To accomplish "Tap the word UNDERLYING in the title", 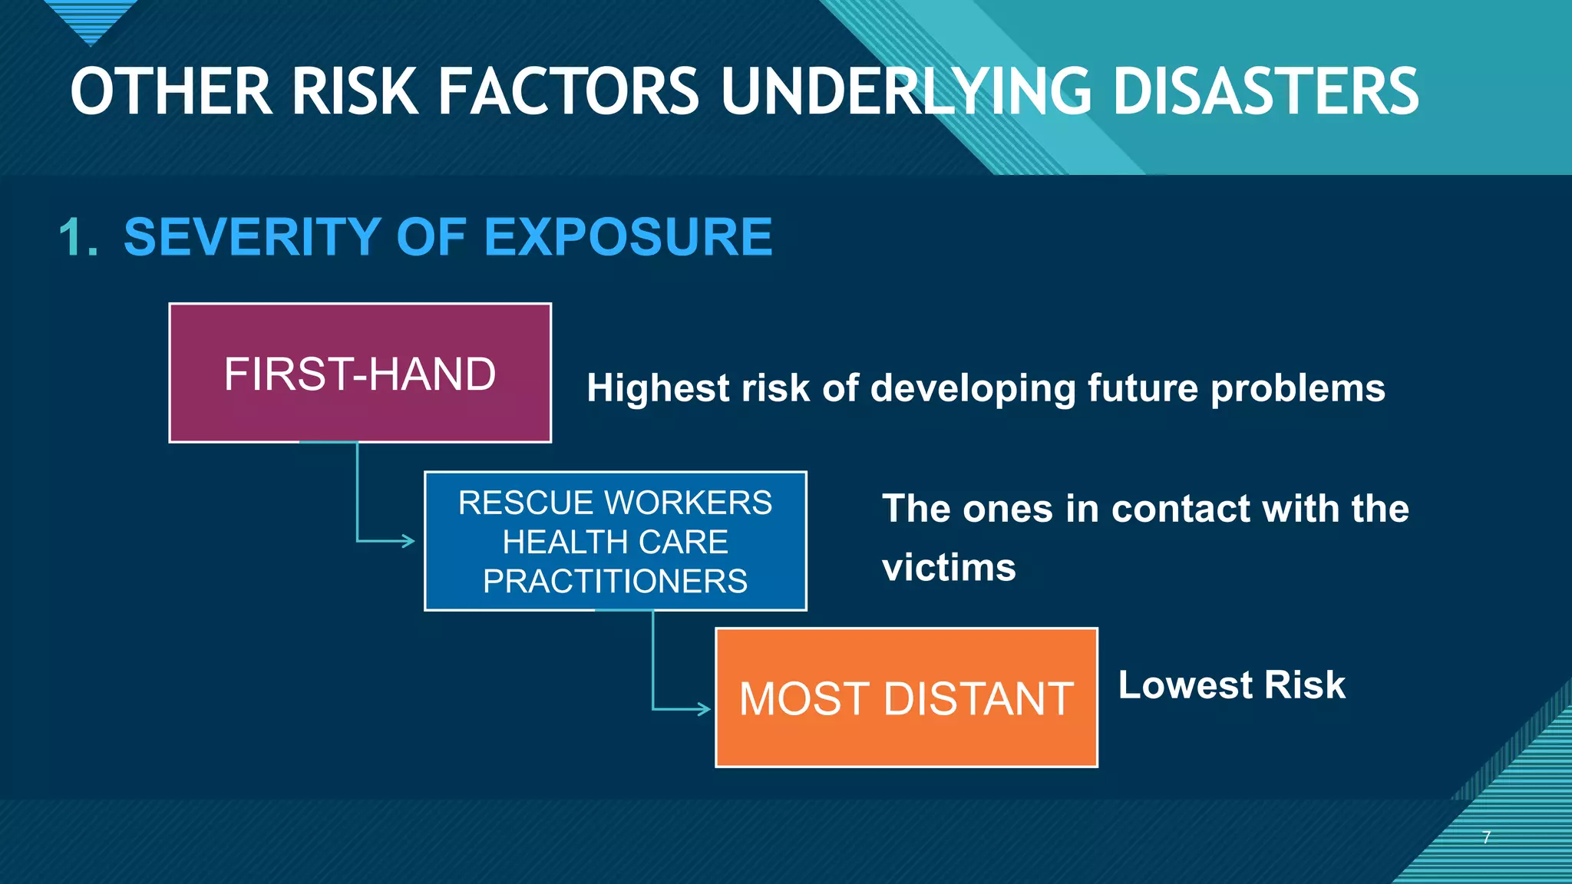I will pyautogui.click(x=906, y=92).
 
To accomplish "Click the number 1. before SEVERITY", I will pyautogui.click(x=79, y=237).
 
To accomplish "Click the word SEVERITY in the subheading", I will pyautogui.click(x=253, y=237).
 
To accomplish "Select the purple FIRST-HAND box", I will pyautogui.click(x=359, y=374).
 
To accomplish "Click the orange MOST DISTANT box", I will pyautogui.click(x=906, y=698).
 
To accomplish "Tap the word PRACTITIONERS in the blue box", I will pyautogui.click(x=615, y=582).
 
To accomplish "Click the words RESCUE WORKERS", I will pyautogui.click(x=615, y=503).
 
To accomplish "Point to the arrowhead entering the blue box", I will pyautogui.click(x=408, y=541).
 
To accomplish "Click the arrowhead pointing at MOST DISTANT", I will pyautogui.click(x=704, y=709).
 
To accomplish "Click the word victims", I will pyautogui.click(x=949, y=569).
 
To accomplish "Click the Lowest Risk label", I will pyautogui.click(x=1231, y=685).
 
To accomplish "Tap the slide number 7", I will pyautogui.click(x=1486, y=837).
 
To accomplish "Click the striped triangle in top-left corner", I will pyautogui.click(x=91, y=19).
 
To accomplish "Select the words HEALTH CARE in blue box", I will pyautogui.click(x=615, y=543).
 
